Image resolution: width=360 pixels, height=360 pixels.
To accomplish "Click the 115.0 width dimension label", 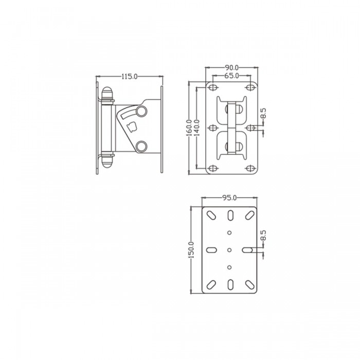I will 129,77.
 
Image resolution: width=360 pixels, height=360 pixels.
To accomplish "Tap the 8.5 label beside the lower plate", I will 263,237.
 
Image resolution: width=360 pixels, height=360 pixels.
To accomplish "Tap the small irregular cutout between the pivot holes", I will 131,126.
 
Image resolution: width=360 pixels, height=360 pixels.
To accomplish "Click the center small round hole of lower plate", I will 229,250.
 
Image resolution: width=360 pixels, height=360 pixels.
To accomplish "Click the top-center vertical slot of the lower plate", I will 229,213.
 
